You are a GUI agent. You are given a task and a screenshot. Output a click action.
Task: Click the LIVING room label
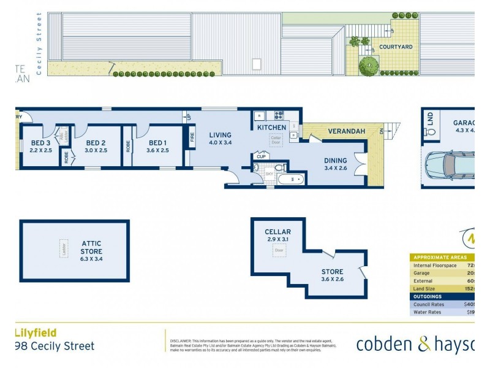(221, 135)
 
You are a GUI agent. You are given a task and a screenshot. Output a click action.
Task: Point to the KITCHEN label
(271, 128)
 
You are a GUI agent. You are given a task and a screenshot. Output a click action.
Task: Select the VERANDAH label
(346, 131)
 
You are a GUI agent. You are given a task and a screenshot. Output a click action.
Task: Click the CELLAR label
(277, 232)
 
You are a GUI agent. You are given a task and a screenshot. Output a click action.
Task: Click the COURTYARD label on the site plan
(395, 47)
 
